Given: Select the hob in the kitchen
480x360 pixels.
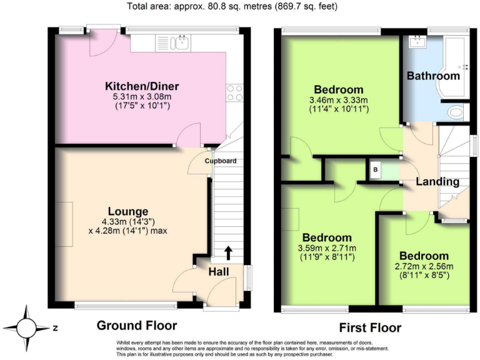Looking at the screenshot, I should coord(235,93).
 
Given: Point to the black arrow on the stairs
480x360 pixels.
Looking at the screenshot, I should coord(228,252).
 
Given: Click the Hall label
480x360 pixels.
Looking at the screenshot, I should coord(219,271).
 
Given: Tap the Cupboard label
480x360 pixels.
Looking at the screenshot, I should coord(221,161).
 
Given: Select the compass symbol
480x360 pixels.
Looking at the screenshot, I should coord(26,327).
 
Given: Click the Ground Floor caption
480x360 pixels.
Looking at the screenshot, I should coord(136,326).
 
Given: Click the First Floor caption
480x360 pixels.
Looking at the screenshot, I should coord(370,327).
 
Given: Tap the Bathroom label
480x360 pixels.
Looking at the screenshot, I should coord(433,76).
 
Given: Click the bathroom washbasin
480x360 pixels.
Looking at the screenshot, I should coord(416,42).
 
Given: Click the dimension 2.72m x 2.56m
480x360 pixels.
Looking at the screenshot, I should coord(424,267).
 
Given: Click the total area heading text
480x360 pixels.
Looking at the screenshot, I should coord(240,7).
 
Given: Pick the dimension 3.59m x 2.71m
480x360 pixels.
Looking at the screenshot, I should coord(327,249).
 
